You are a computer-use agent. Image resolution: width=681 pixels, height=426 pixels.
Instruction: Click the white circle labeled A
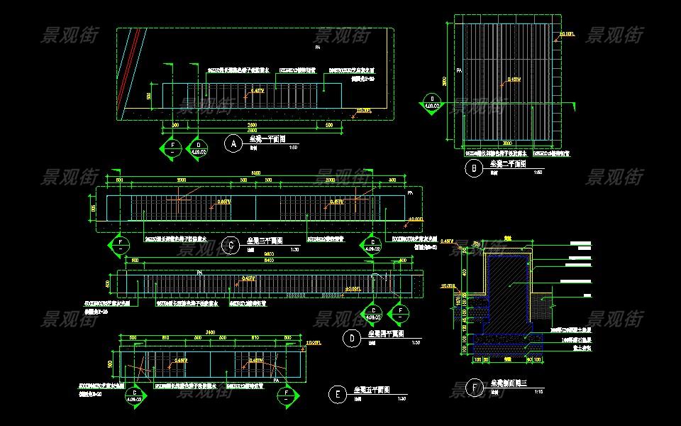click(233, 144)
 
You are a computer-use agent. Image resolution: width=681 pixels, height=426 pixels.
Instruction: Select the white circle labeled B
click(472, 168)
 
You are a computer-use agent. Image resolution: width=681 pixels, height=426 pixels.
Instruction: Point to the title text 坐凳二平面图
click(507, 164)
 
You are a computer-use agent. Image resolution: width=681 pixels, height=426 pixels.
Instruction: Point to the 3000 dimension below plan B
click(507, 143)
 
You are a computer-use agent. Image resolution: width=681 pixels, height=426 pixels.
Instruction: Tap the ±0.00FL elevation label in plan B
click(568, 33)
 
